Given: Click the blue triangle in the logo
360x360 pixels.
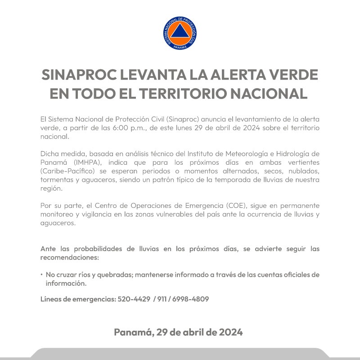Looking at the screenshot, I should click(x=180, y=32).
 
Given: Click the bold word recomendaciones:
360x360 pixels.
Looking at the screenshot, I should click(x=69, y=258).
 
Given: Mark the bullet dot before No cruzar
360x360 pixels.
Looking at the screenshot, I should click(x=42, y=274).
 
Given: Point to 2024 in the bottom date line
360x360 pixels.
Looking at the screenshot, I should click(x=231, y=333).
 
